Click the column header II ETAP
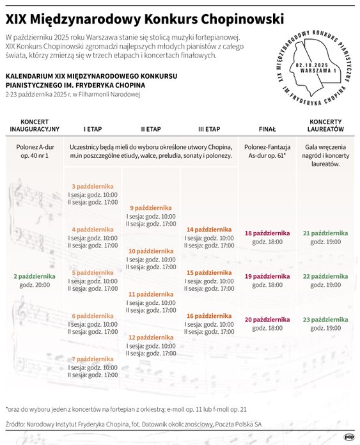pyautogui.click(x=151, y=129)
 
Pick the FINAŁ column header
pyautogui.click(x=267, y=129)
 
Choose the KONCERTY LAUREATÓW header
pyautogui.click(x=325, y=125)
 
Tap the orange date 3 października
pyautogui.click(x=93, y=186)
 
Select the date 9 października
pyautogui.click(x=150, y=208)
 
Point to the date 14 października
pyautogui.click(x=208, y=230)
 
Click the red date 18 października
pyautogui.click(x=267, y=233)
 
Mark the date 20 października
pyautogui.click(x=267, y=320)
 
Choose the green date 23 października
pyautogui.click(x=325, y=320)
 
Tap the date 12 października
pyautogui.click(x=150, y=338)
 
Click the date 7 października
pyautogui.click(x=93, y=359)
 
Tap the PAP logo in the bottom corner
pyautogui.click(x=349, y=437)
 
